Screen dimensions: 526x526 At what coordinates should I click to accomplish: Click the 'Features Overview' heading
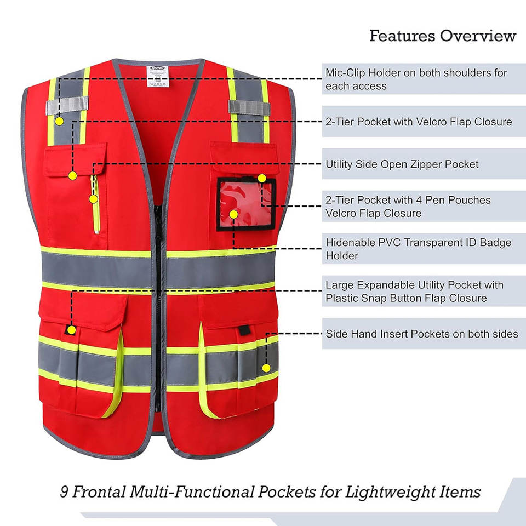coord(443,36)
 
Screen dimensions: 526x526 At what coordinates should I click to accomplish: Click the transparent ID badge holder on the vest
coord(246,204)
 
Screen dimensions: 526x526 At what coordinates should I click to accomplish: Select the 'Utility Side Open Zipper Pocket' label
coord(402,164)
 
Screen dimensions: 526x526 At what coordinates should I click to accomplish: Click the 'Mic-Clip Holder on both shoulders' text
coord(416,73)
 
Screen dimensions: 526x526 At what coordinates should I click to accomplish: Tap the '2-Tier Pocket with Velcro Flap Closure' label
coord(419,122)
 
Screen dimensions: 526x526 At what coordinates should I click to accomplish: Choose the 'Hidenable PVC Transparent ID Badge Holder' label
coord(418,249)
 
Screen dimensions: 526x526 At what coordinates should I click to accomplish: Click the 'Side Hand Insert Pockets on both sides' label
coord(422,334)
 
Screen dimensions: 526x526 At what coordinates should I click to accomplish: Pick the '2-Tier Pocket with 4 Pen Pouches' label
coord(408,200)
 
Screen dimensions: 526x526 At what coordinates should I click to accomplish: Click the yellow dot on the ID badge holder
coord(233,214)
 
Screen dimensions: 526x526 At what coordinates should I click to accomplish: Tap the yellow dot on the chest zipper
coord(93,199)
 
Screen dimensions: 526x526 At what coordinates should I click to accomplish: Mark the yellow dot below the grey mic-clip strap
coord(59,122)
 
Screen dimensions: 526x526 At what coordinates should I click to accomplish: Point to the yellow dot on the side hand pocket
coord(266,368)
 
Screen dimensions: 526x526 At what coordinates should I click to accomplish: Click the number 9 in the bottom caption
coord(64,492)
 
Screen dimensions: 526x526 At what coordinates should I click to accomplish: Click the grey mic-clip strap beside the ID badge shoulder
coord(249,107)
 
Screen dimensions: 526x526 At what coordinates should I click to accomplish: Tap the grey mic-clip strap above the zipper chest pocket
coord(67,105)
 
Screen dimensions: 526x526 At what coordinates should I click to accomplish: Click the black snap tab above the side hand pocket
coord(244,330)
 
